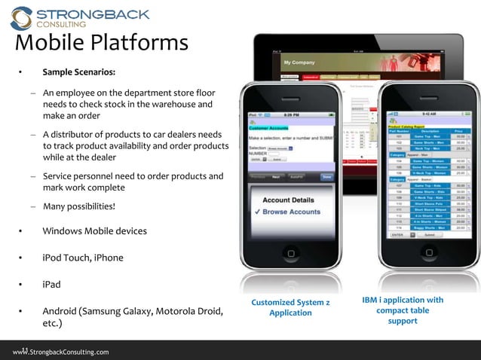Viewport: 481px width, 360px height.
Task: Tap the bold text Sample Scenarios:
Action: pos(79,73)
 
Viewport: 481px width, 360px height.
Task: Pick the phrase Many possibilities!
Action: pos(79,206)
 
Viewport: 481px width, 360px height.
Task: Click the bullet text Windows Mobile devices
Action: pos(94,230)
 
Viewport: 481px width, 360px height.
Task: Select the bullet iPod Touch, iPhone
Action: pos(82,258)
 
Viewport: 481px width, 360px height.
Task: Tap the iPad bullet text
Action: pos(51,285)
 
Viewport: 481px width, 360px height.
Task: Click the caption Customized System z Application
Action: pos(290,307)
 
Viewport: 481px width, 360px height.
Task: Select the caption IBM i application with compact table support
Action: pos(403,310)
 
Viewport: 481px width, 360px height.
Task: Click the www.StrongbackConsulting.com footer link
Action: pos(60,352)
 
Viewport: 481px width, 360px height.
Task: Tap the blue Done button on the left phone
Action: pos(326,176)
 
